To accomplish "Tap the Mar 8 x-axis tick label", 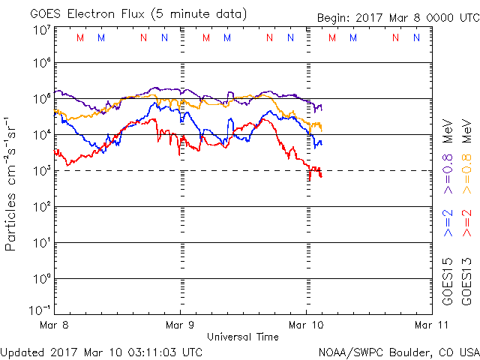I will tap(54, 325).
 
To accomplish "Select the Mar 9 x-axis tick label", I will tap(180, 325).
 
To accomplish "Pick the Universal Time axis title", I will tap(242, 337).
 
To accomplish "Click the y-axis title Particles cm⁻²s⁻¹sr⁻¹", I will tap(13, 183).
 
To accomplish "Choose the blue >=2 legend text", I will tap(448, 223).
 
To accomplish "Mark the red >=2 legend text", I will tap(466, 223).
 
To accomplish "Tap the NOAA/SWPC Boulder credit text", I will tap(397, 351).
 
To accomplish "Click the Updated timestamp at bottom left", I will tap(102, 351).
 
